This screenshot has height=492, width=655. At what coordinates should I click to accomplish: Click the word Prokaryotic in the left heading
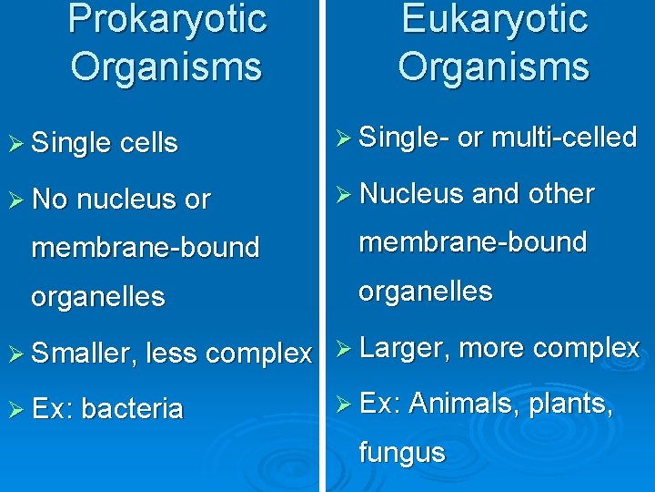click(x=167, y=20)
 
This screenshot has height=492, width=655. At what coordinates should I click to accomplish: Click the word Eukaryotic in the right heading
click(x=494, y=20)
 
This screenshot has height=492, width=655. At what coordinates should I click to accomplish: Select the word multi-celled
click(x=564, y=138)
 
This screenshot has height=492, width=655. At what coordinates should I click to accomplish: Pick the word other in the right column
click(x=562, y=194)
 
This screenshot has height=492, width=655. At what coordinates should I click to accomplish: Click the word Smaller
click(x=84, y=354)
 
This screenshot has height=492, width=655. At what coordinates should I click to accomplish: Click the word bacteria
click(x=132, y=409)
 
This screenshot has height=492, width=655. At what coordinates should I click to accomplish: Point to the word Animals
click(x=468, y=403)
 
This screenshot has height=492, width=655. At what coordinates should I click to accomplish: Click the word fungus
click(x=402, y=453)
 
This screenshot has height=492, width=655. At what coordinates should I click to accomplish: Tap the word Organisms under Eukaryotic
click(x=494, y=67)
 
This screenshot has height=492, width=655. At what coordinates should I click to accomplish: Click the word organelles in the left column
click(x=98, y=297)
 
